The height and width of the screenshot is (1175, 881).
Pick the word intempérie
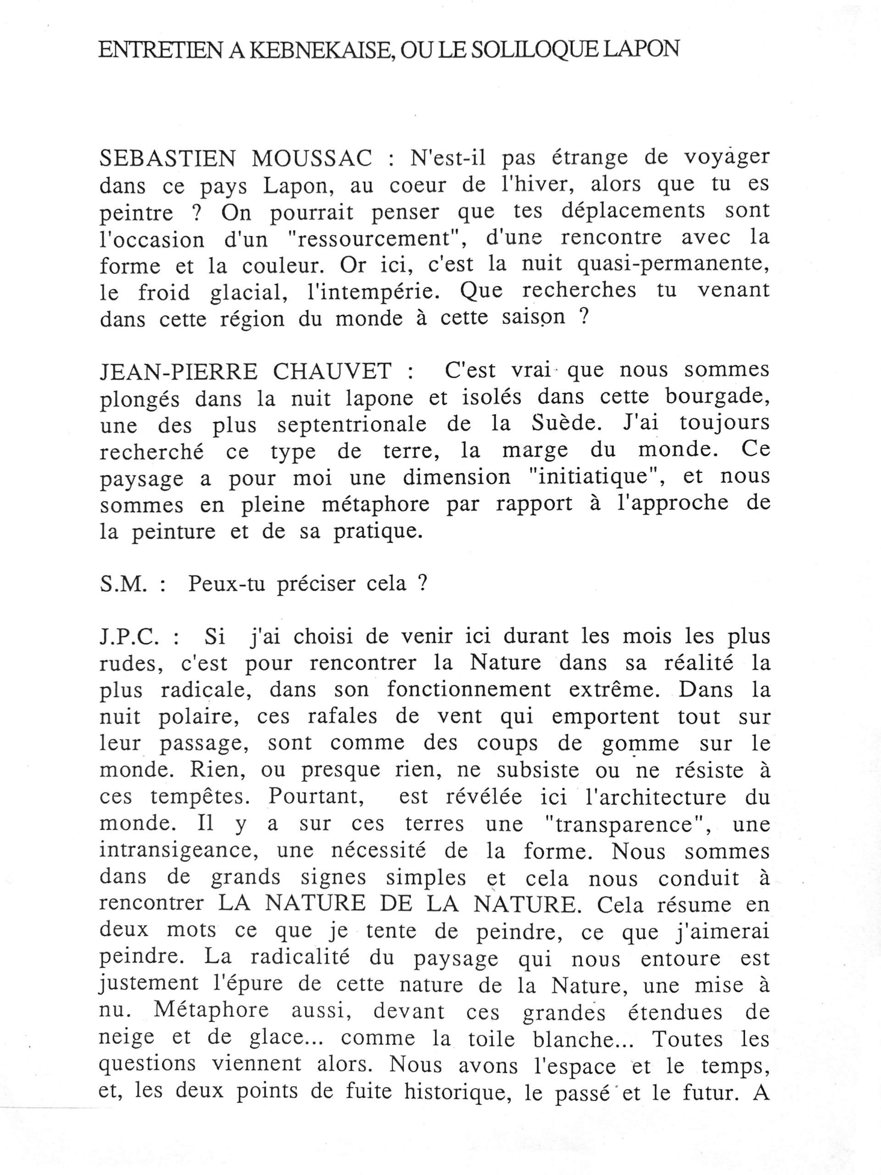point(374,291)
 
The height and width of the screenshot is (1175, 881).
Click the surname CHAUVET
point(332,371)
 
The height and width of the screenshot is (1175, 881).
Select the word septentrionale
point(351,425)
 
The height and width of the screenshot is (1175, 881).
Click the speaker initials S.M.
point(122,584)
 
